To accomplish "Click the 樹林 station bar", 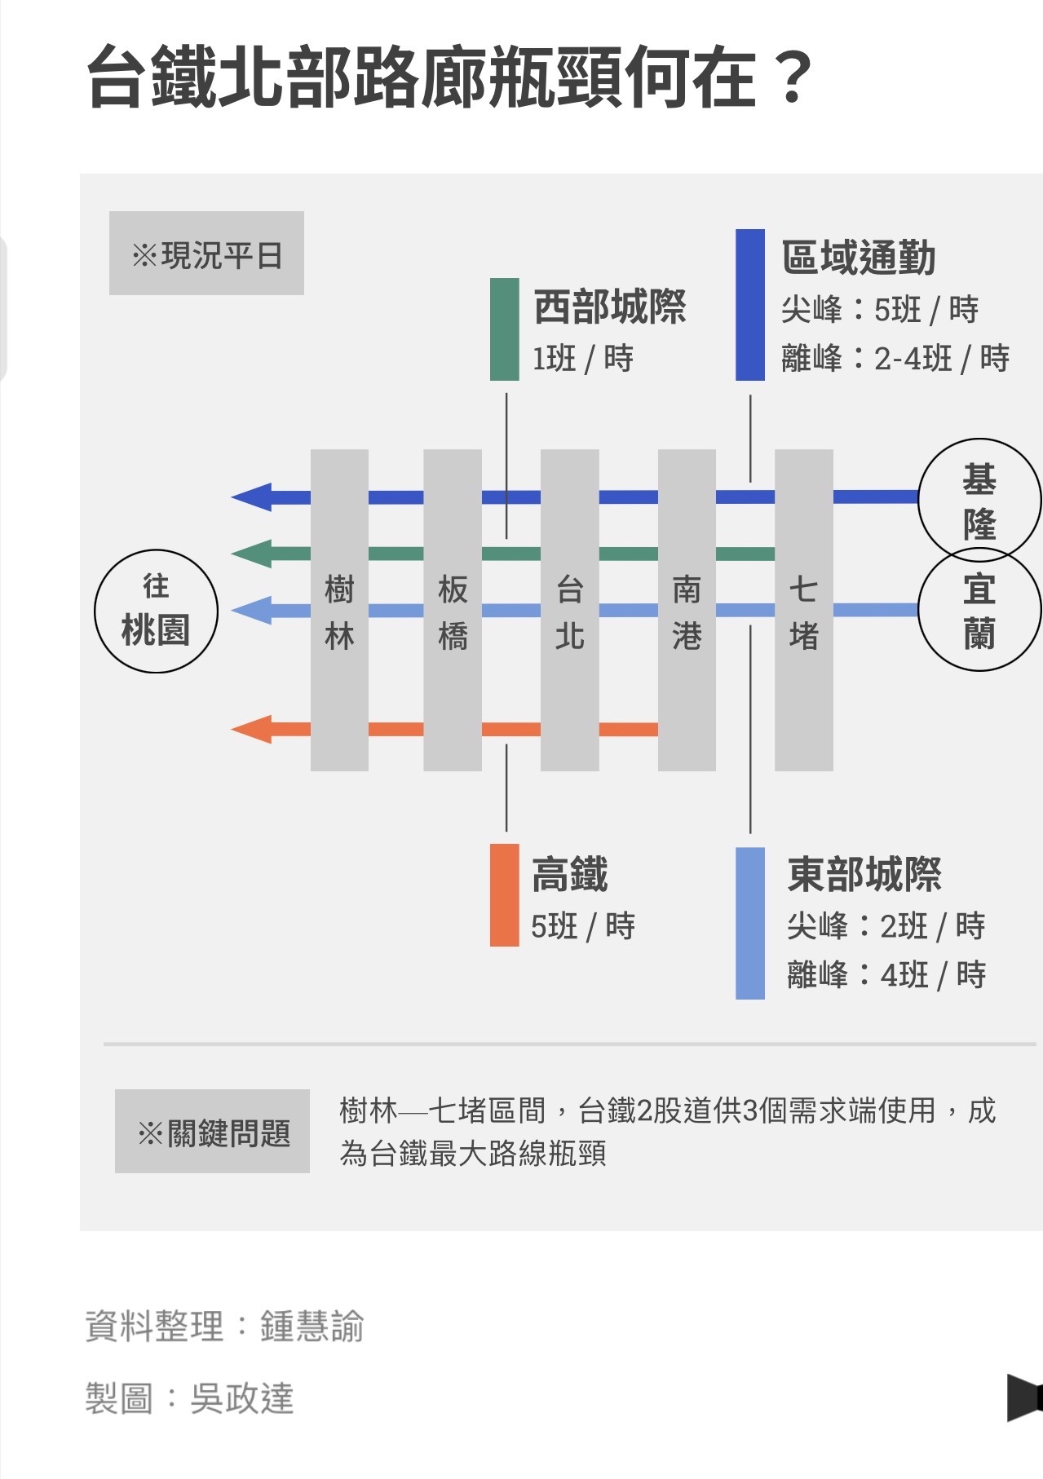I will (339, 610).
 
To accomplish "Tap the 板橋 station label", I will (453, 611).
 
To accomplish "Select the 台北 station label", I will (569, 611).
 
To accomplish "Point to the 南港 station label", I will (687, 611).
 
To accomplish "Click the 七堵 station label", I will (803, 611).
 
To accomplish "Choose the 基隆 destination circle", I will (979, 500).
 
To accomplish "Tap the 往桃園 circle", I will (156, 611).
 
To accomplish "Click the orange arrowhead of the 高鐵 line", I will (252, 729).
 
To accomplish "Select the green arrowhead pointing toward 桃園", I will (252, 554).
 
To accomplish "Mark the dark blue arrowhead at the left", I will (252, 497).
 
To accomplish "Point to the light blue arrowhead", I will (252, 610).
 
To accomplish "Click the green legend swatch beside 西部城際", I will (504, 329).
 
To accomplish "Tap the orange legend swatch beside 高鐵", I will (504, 894).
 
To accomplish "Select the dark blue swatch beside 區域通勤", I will (749, 305).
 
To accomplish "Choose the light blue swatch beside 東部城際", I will (749, 923).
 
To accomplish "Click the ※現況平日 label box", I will (206, 254).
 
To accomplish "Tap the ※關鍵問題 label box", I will (212, 1131).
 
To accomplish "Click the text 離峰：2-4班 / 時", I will (895, 358).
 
